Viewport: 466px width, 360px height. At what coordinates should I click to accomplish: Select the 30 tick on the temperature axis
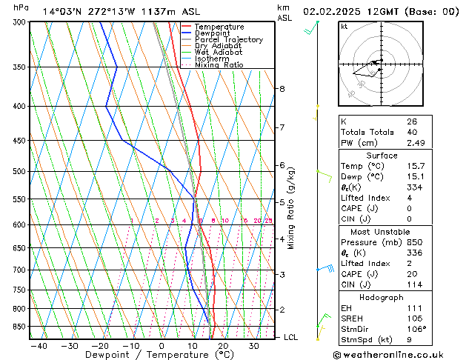pos(254,345)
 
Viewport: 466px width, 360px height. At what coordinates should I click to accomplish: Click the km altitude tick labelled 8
pos(282,89)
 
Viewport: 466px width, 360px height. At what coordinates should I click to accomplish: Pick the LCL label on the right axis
pos(291,338)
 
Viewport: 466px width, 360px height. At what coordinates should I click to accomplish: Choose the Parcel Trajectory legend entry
pos(228,40)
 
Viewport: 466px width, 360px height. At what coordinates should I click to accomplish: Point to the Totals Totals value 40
pos(412,132)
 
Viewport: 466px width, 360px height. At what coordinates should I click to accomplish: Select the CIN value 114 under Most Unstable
pos(413,284)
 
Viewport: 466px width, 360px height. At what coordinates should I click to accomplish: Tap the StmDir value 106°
pos(416,330)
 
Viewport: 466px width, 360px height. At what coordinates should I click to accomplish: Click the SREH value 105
pos(413,319)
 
